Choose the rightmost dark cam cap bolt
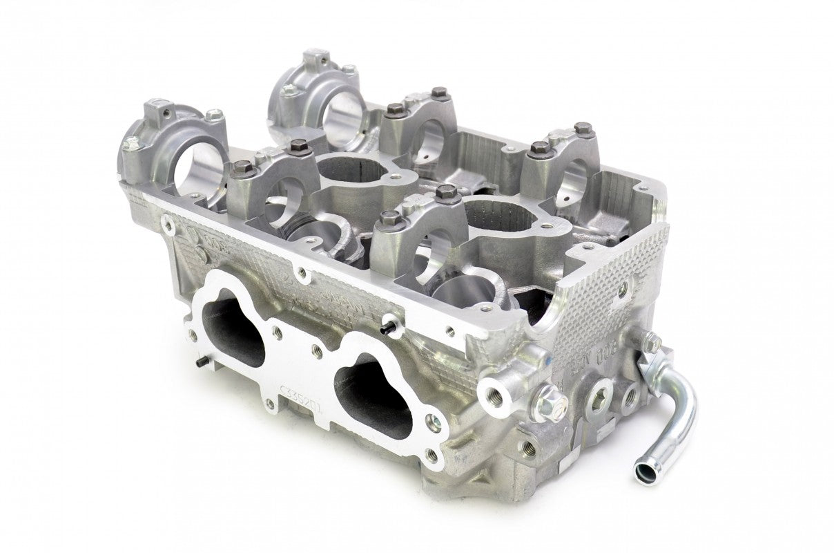coord(584,128)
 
